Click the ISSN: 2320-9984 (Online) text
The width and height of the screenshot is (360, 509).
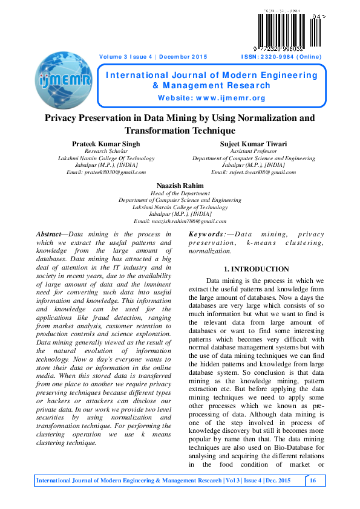281,57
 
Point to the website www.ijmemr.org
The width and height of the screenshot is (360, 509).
211,98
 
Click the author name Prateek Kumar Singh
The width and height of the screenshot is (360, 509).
106,144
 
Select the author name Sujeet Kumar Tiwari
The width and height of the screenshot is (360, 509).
254,144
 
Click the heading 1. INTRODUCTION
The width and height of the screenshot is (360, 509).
256,269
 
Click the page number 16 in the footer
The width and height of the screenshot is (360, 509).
313,480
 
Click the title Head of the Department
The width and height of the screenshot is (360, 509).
180,193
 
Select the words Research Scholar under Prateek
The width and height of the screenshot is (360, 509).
106,151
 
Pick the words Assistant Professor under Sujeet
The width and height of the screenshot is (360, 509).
254,151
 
